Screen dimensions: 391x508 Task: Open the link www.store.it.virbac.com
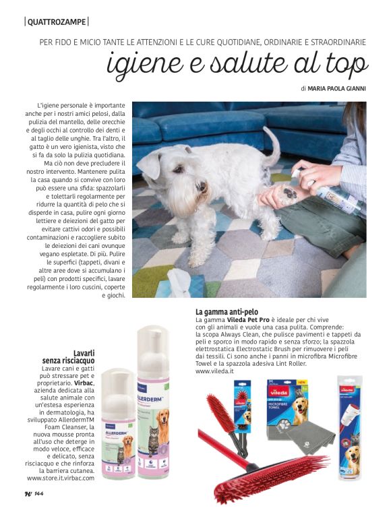pos(61,477)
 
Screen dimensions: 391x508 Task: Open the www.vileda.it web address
pos(214,371)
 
